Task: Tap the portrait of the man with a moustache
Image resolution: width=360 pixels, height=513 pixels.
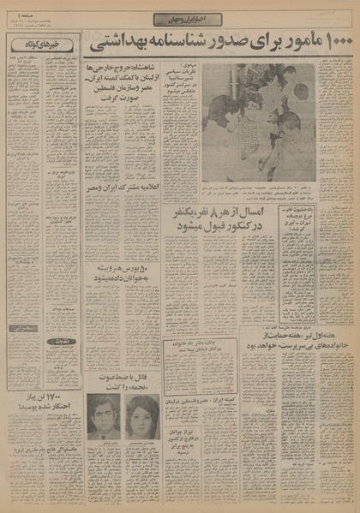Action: tap(103, 415)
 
